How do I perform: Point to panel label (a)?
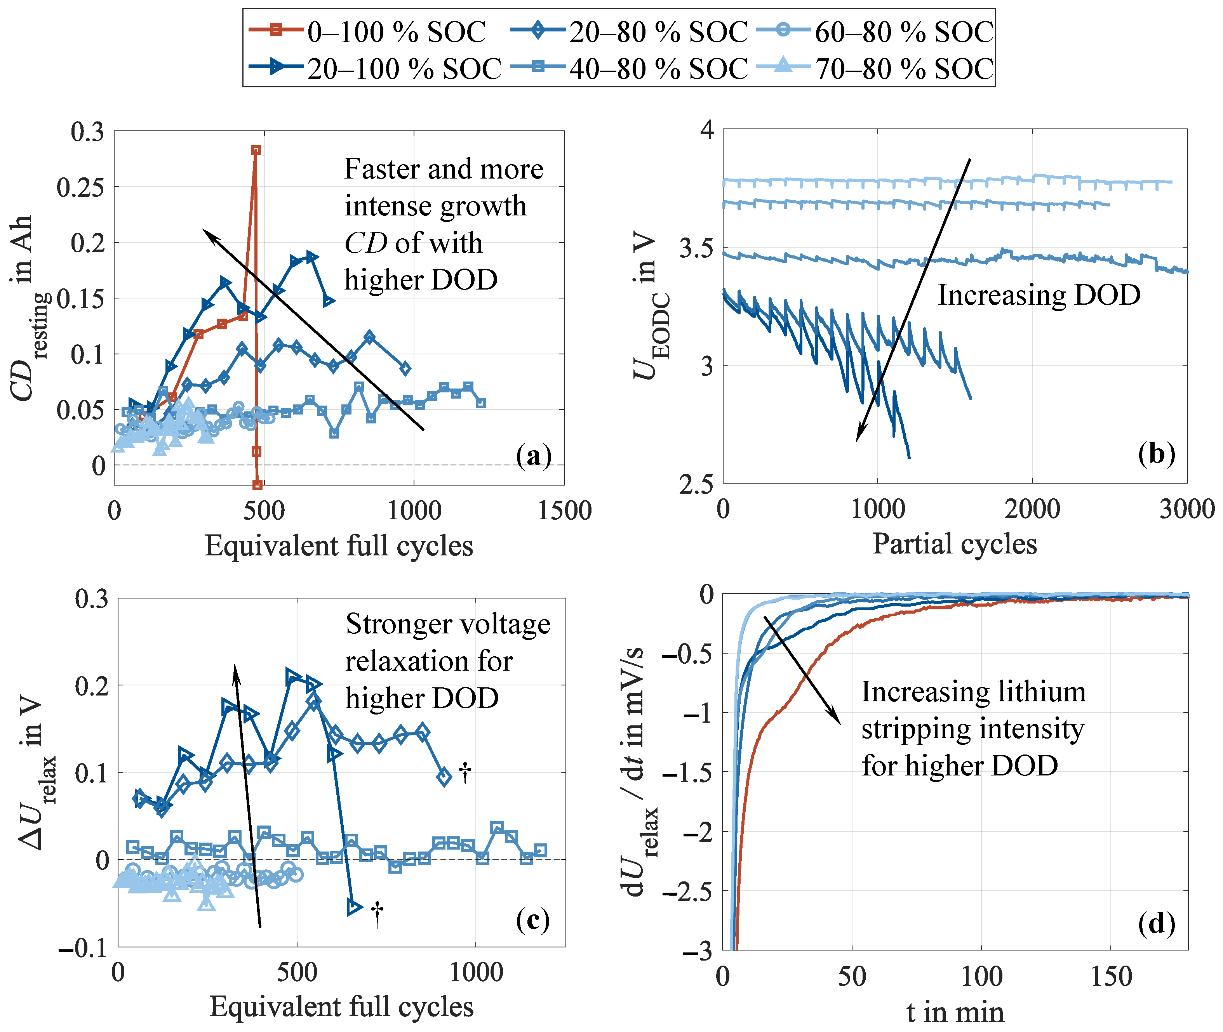point(533,455)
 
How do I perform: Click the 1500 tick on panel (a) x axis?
point(564,511)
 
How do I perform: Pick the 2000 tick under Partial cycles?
point(1032,509)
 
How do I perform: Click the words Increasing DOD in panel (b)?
point(1039,295)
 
